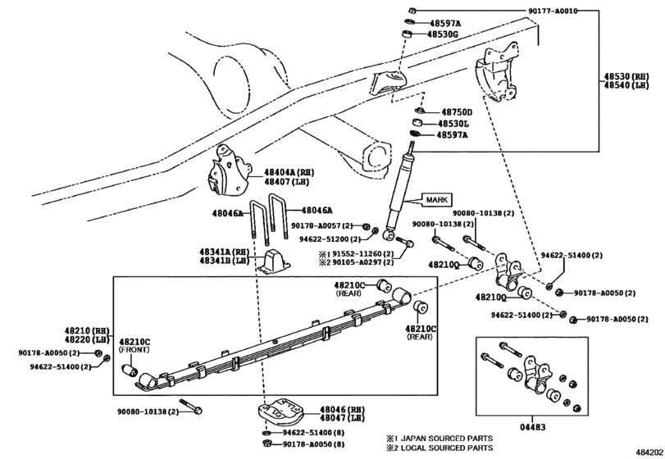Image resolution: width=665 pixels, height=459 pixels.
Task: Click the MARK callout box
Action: (x=436, y=200)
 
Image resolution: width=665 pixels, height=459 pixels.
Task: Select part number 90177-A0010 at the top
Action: (x=553, y=11)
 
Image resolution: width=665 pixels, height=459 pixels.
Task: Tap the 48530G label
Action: (x=443, y=34)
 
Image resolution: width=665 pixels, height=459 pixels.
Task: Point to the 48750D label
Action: (x=457, y=112)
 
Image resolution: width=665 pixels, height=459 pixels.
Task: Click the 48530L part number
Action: (x=453, y=124)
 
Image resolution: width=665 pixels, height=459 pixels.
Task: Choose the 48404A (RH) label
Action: (x=289, y=172)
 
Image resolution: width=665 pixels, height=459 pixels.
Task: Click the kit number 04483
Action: (x=533, y=427)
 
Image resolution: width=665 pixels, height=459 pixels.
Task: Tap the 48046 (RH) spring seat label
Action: (x=342, y=410)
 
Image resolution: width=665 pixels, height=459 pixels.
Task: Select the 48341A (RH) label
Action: (x=225, y=252)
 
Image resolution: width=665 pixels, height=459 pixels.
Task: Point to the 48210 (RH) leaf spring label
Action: (x=87, y=331)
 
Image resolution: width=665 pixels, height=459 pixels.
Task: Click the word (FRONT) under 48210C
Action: (x=134, y=350)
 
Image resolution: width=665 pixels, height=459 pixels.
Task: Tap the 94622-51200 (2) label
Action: (x=330, y=239)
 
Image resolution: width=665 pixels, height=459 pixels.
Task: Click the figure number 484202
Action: (x=649, y=452)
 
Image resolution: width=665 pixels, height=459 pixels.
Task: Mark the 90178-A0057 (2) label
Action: (x=322, y=225)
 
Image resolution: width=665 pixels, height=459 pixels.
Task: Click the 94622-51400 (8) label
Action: (x=313, y=433)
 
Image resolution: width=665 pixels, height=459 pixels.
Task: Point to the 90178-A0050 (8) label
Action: (x=313, y=444)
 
